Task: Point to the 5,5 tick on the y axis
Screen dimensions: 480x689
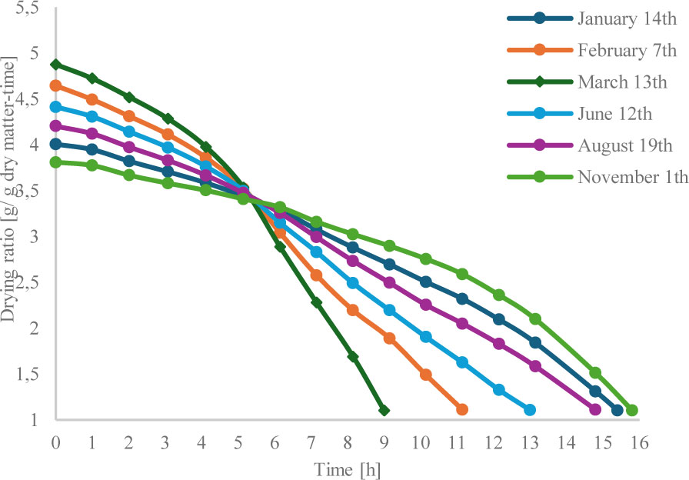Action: coord(26,9)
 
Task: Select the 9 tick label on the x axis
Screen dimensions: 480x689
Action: coord(384,444)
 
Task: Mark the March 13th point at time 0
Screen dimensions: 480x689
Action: coord(55,65)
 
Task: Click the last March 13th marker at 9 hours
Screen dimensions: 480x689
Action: coord(384,410)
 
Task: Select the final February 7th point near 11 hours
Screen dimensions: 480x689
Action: coord(462,410)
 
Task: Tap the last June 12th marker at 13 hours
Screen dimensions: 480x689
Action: coord(530,410)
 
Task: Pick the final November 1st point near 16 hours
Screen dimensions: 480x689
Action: coord(632,410)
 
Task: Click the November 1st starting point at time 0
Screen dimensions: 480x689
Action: coord(55,162)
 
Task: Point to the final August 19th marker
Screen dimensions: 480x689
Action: coord(595,410)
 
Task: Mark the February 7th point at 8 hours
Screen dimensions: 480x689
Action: coord(353,310)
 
